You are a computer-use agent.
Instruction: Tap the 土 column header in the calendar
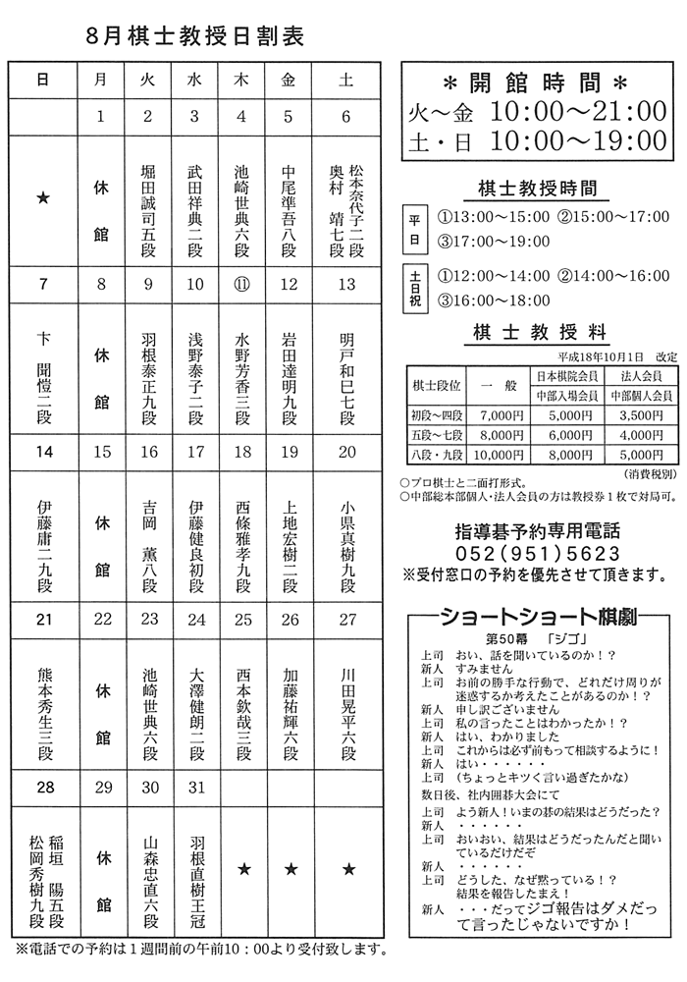(x=345, y=82)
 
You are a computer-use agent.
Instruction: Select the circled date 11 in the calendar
(x=241, y=285)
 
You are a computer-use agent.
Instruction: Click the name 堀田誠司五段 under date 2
(x=147, y=207)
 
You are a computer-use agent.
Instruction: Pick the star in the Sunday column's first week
(x=42, y=198)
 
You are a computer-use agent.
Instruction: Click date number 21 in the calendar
(x=42, y=619)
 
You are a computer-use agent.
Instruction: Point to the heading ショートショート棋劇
(x=536, y=617)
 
